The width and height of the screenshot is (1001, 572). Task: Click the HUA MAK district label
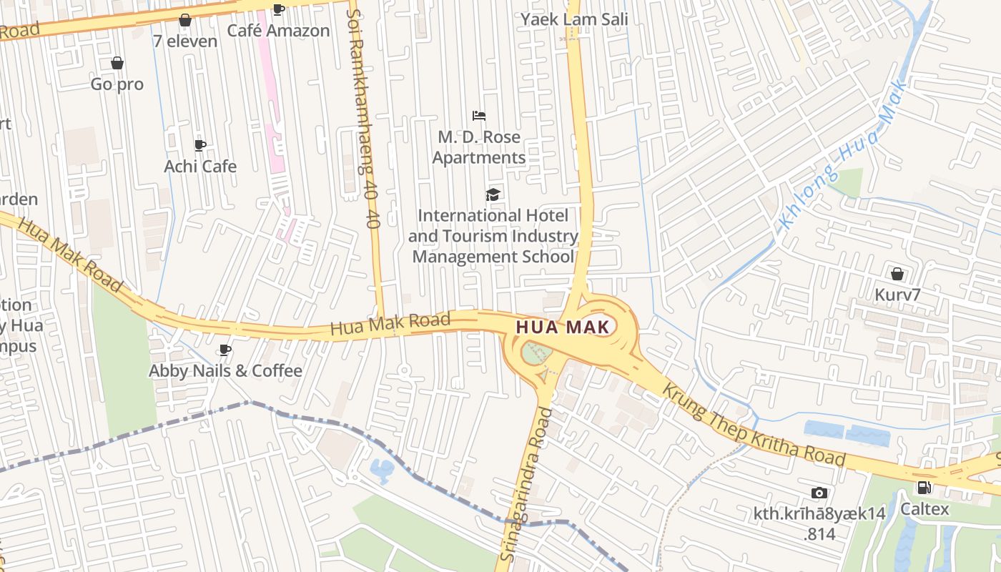point(564,327)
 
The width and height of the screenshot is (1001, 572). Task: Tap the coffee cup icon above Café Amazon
point(279,9)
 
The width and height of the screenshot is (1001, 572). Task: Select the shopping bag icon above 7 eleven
point(185,20)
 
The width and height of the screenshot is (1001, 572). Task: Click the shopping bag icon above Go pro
point(117,63)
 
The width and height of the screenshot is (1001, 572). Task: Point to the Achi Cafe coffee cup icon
point(200,145)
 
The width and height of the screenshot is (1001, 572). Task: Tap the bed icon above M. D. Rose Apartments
point(479,115)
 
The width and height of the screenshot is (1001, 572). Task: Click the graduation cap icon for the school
point(493,194)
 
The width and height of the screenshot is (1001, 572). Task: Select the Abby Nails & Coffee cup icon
point(225,350)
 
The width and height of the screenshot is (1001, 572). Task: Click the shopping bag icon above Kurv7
point(897,273)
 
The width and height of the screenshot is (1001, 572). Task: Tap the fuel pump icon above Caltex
point(924,488)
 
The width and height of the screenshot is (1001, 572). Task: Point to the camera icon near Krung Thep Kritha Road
point(819,493)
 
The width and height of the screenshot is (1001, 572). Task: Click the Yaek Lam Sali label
point(574,19)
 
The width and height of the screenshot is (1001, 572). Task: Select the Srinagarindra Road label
point(527,484)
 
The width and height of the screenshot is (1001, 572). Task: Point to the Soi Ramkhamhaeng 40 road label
point(363,118)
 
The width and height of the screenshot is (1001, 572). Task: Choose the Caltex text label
point(924,509)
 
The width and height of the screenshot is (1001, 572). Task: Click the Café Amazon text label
point(279,31)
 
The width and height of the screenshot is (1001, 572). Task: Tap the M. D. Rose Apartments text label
point(479,147)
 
